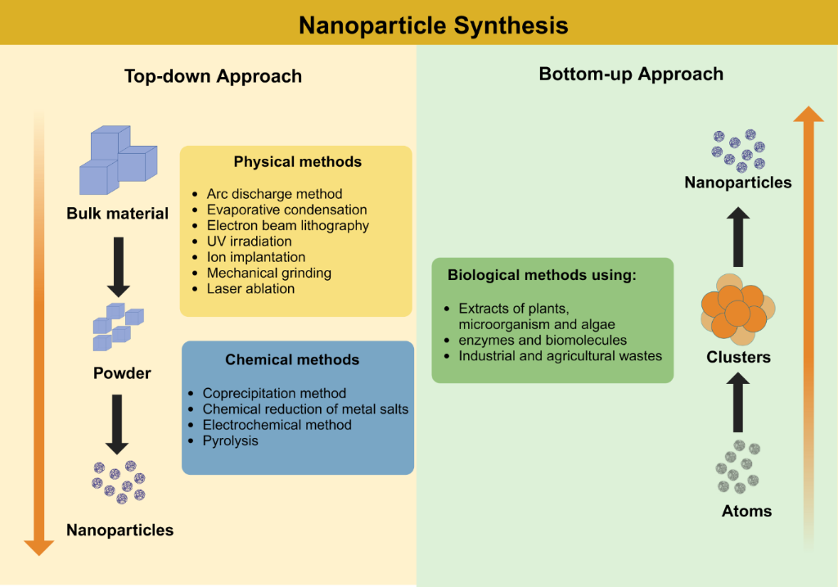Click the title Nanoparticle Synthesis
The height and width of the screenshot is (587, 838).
433,25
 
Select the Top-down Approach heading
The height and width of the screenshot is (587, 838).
213,76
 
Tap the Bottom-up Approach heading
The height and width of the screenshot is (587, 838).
631,74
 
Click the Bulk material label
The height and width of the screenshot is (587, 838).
118,214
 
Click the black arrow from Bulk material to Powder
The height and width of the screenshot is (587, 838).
118,267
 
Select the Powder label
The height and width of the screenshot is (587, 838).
122,373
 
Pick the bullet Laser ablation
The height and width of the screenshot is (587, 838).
250,288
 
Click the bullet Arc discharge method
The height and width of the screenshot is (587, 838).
274,194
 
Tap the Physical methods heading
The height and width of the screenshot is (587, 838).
297,162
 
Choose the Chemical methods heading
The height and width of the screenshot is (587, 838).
292,359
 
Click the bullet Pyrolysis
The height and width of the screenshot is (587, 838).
230,440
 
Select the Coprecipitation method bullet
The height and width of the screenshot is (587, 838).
274,393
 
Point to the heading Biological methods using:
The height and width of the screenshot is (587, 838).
542,275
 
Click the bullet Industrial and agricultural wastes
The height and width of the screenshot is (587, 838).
560,355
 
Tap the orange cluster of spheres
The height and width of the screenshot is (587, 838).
737,310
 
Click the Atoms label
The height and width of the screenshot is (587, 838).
746,511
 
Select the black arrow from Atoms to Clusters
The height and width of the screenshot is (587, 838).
738,402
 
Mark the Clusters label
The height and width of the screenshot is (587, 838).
738,357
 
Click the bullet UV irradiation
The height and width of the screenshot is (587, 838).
249,242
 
